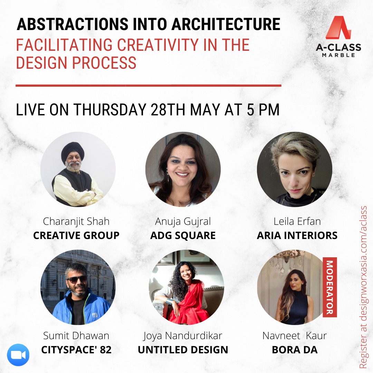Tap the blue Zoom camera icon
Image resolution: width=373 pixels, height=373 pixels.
coord(18,355)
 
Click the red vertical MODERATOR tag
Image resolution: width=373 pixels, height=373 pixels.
coord(330,287)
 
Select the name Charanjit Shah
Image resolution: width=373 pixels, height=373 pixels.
coord(76,221)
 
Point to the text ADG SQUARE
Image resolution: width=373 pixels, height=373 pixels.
coord(183,236)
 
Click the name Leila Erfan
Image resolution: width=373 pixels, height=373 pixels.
coord(297,221)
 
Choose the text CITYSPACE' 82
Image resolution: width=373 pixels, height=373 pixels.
coord(76,350)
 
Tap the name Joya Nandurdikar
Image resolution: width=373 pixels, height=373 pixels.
coord(183,336)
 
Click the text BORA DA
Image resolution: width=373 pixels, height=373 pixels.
coord(295,350)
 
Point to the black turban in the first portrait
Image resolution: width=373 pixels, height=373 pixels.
coord(73,151)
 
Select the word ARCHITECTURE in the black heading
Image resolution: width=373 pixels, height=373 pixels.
coord(226,24)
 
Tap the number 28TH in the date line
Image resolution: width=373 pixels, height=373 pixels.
coord(168,110)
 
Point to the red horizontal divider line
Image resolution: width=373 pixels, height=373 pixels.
coord(149,85)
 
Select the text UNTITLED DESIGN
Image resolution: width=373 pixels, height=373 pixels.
coord(183,350)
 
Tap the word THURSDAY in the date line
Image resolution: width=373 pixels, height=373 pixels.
coord(110,110)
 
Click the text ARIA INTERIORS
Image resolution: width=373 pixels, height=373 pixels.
coord(297,236)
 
